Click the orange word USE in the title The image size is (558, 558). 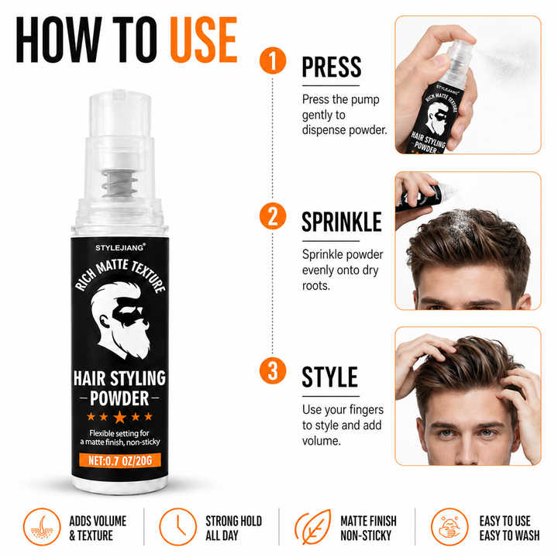pyautogui.click(x=204, y=40)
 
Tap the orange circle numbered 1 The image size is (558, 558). pyautogui.click(x=273, y=60)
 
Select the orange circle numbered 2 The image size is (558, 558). pyautogui.click(x=273, y=216)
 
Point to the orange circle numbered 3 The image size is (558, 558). pyautogui.click(x=273, y=370)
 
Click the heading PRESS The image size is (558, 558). pyautogui.click(x=332, y=67)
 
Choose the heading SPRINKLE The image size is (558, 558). pyautogui.click(x=342, y=222)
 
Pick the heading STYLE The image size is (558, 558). pyautogui.click(x=329, y=377)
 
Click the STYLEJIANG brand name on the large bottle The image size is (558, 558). pyautogui.click(x=120, y=248)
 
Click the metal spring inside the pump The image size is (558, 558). pyautogui.click(x=119, y=183)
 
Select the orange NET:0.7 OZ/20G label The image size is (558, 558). pyautogui.click(x=120, y=460)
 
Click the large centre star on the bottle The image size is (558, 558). pyautogui.click(x=119, y=417)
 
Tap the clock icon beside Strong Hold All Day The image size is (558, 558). pyautogui.click(x=177, y=527)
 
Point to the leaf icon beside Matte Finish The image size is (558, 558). pyautogui.click(x=312, y=527)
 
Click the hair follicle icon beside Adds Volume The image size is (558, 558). pyautogui.click(x=42, y=527)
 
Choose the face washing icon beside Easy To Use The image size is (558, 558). pyautogui.click(x=449, y=527)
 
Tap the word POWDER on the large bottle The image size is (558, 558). pyautogui.click(x=119, y=398)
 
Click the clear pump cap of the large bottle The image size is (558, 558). pyautogui.click(x=119, y=114)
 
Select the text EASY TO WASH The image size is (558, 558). pyautogui.click(x=509, y=536)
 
